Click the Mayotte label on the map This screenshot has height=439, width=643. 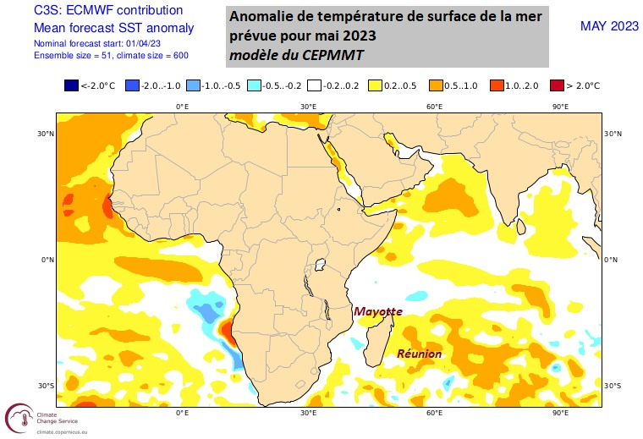pos(377,311)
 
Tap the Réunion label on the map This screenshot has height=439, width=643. pos(420,354)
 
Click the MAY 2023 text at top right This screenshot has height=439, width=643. pos(609,26)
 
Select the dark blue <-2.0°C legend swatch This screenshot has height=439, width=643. pos(71,85)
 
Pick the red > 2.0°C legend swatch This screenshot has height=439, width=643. pos(558,85)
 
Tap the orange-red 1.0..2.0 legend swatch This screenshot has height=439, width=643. pos(497,85)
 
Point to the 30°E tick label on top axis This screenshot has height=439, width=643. pos(308,107)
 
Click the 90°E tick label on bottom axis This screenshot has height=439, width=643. pos(559,414)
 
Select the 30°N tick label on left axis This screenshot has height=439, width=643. pos(45,134)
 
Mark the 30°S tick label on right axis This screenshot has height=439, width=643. pos(613,386)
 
